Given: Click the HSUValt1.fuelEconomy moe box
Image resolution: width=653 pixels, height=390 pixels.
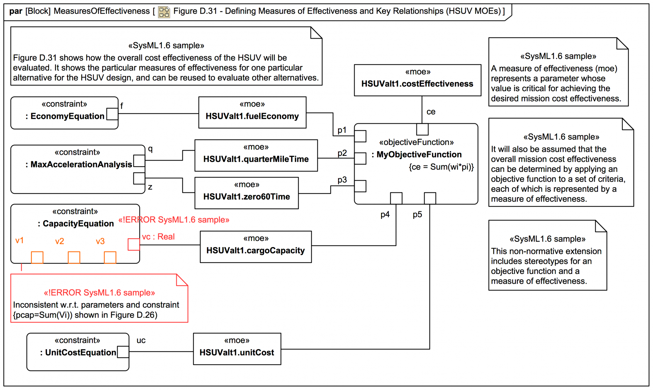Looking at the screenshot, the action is pos(252,112).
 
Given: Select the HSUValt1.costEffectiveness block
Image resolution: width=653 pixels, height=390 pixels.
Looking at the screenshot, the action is pos(417,80).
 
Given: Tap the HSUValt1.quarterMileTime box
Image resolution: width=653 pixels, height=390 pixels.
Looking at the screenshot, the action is pos(256,156).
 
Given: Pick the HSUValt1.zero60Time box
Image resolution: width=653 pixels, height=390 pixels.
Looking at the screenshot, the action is pos(247,193).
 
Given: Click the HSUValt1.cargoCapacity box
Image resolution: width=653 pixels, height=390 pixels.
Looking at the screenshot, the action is pos(256,247).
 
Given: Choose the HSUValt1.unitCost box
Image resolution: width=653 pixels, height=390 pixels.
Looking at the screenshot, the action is pos(237,349).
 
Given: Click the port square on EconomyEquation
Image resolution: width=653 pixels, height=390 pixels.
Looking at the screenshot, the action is pos(112,114).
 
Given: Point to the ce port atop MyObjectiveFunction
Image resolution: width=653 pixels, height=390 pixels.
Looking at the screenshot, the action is pos(422,129).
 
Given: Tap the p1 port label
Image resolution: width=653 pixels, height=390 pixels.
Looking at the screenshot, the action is pos(342,130).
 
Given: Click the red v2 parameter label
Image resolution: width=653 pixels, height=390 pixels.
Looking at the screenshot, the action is pos(60,241).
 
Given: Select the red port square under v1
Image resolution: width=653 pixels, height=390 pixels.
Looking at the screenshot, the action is pos(37,258).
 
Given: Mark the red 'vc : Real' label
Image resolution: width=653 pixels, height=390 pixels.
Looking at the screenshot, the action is pos(158,237).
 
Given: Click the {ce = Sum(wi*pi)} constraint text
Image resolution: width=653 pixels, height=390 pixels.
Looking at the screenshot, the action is pos(441,167).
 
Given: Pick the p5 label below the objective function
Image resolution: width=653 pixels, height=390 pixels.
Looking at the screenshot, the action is pos(417,214).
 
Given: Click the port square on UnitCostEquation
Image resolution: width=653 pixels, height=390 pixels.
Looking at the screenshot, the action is pos(123,352).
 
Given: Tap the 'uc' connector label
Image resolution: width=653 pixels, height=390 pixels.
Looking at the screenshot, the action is pos(141,340).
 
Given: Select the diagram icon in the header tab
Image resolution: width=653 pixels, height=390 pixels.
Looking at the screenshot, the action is pos(164,12).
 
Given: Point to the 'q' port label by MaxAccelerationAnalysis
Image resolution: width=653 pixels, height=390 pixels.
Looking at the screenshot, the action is pos(150,149).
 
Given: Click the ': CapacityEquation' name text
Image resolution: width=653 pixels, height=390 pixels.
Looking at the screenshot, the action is pos(76,224).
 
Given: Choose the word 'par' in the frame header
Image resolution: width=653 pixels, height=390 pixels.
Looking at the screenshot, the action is pos(16,11).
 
